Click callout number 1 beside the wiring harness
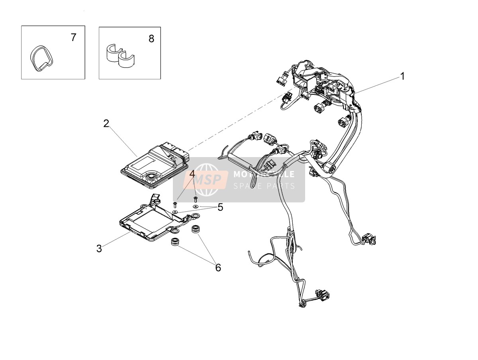[x=402, y=76]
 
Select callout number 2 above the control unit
[x=106, y=124]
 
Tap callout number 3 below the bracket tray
[x=99, y=249]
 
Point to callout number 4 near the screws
[x=192, y=174]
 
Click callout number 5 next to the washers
[x=220, y=207]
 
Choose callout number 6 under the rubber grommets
[x=218, y=268]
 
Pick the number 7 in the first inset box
[x=74, y=37]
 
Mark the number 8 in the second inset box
[x=151, y=39]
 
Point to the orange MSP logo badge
[x=206, y=180]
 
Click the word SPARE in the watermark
[x=247, y=186]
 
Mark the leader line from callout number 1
[x=377, y=86]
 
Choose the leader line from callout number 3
[x=116, y=239]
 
